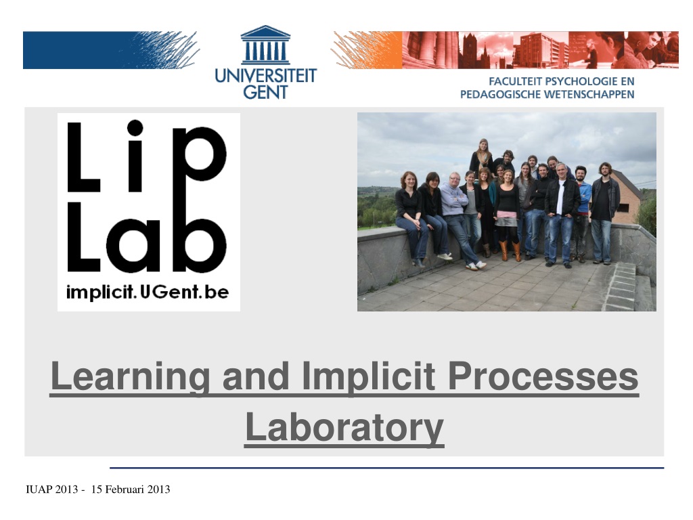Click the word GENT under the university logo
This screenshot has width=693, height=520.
(265, 92)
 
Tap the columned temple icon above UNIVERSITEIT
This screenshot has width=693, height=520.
(265, 45)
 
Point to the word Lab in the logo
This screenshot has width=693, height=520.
(147, 238)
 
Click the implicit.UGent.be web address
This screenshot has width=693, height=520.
(147, 292)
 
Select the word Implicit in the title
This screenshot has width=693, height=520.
(369, 376)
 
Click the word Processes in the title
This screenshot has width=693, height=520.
(543, 376)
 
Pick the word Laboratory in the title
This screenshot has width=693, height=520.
(344, 427)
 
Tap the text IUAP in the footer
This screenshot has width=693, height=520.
(39, 489)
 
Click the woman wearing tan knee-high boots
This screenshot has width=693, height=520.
(508, 215)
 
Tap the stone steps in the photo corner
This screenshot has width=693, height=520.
(627, 286)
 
